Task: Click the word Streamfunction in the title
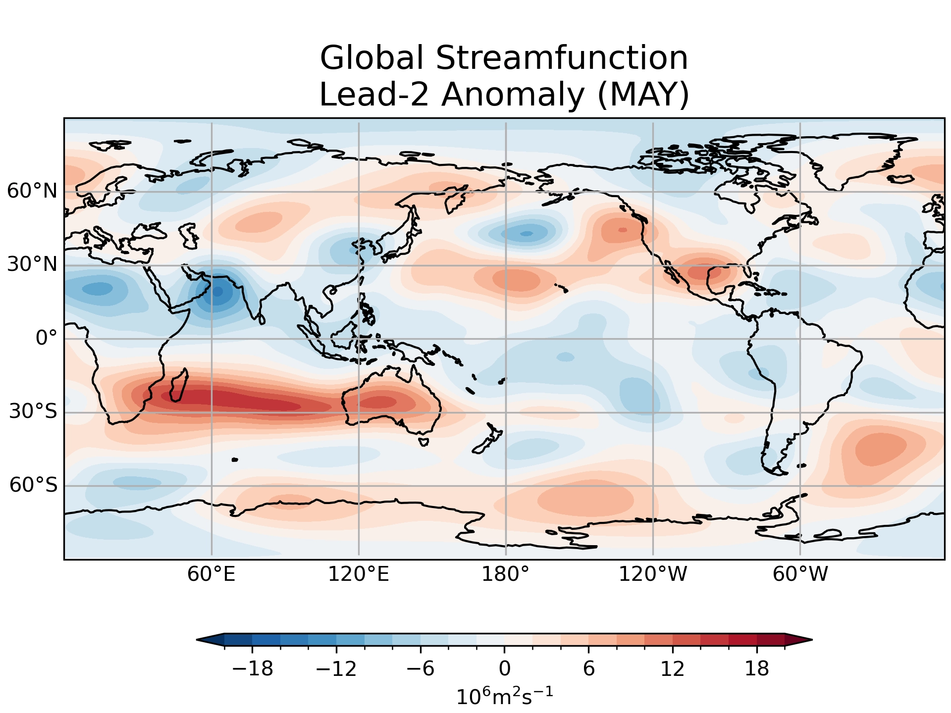pos(562,58)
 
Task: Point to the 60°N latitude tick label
pos(32,191)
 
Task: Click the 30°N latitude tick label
pos(32,264)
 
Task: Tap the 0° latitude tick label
pos(47,338)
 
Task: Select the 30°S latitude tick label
pos(33,411)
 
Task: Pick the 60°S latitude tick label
pos(33,485)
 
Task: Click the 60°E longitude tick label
pos(211,574)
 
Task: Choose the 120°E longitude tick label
pos(359,574)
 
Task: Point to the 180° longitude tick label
pos(506,574)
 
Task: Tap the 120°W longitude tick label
pos(653,574)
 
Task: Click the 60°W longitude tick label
pos(800,574)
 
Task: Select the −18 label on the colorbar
pos(253,669)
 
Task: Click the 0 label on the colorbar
pos(505,669)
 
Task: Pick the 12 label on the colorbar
pos(673,669)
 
